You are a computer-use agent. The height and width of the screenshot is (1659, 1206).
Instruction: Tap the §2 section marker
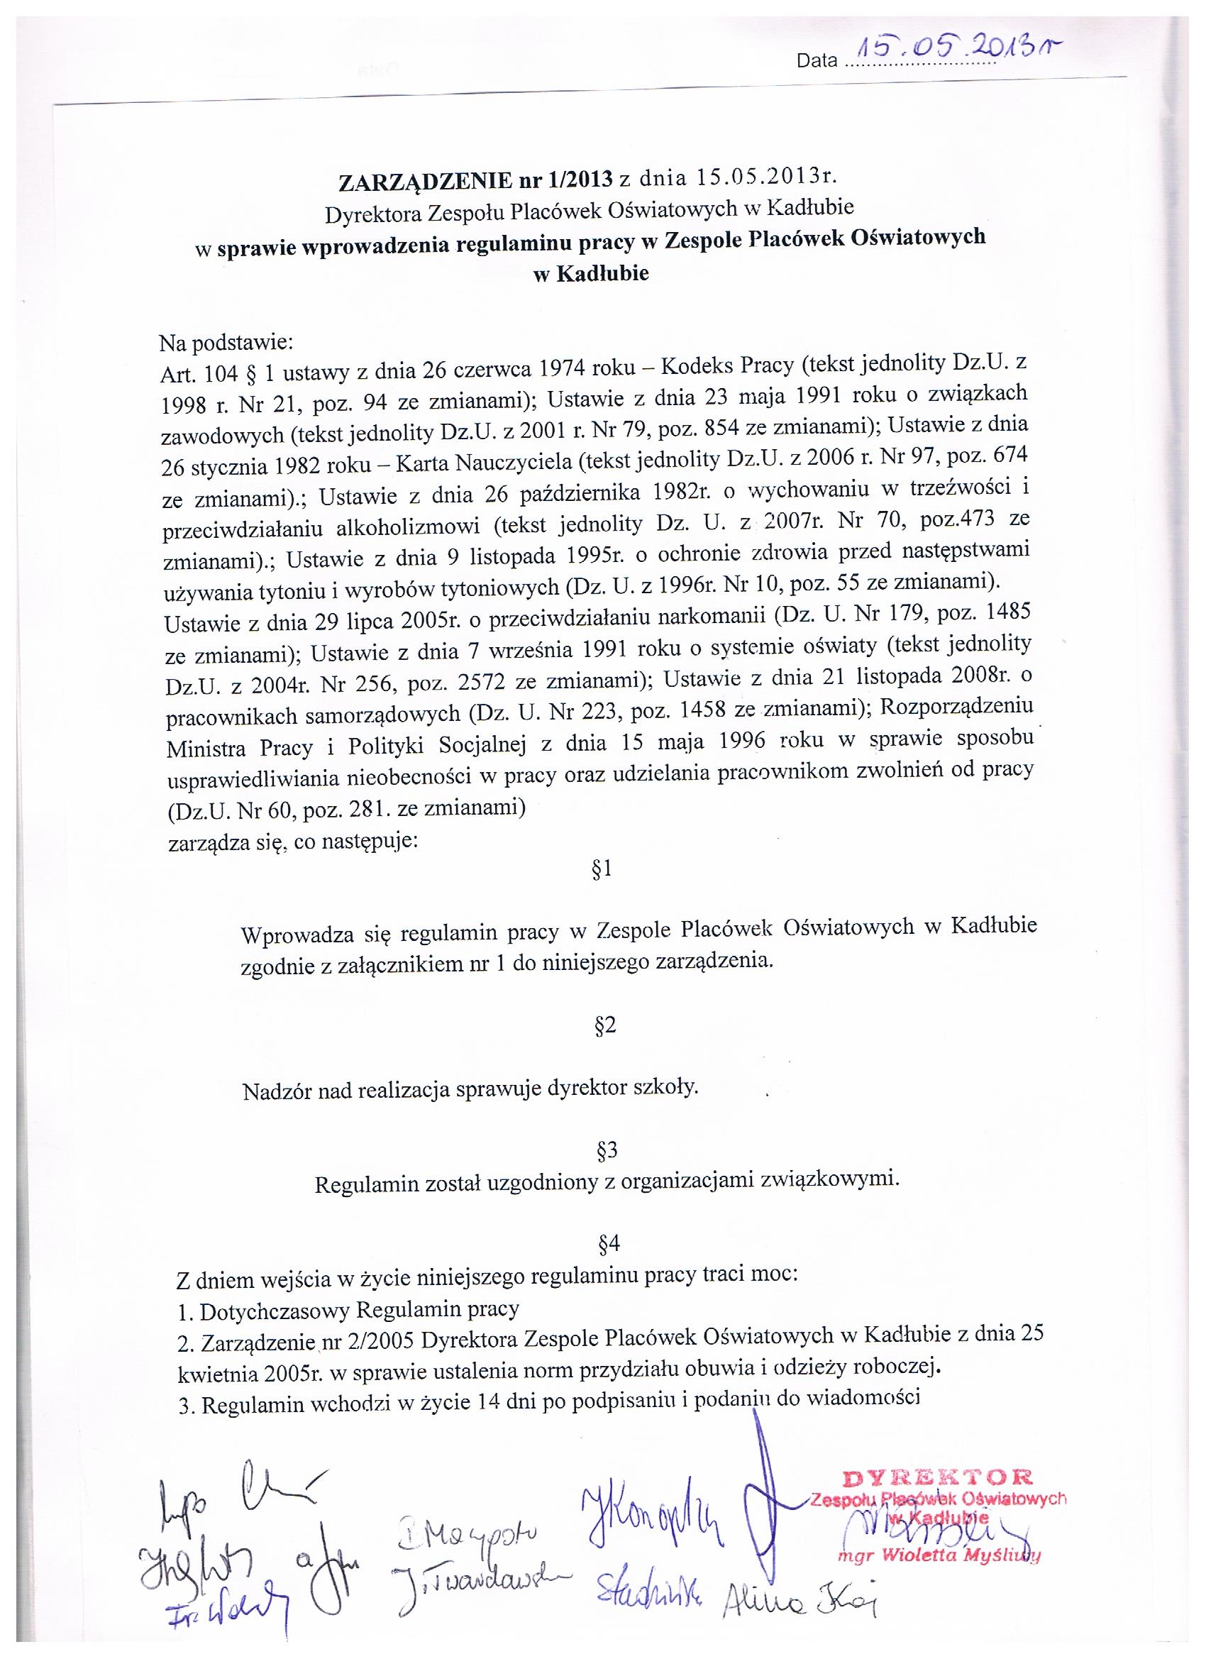607,1025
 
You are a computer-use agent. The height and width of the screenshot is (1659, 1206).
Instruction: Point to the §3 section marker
607,1151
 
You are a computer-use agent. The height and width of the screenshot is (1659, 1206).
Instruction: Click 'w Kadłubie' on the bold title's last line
592,275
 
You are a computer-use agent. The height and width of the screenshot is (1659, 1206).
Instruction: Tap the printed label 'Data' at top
817,62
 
